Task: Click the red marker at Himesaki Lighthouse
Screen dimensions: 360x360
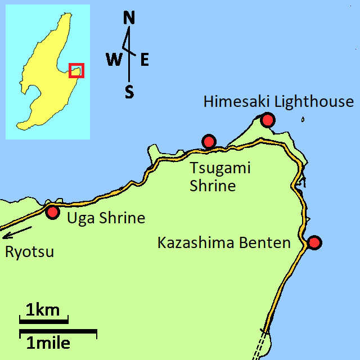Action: tap(268, 120)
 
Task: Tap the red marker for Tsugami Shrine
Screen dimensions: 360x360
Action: tap(209, 141)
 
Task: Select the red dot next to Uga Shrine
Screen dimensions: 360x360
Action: tap(53, 212)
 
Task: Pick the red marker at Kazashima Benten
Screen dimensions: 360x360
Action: tap(314, 242)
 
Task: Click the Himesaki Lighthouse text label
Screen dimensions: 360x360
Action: tap(278, 102)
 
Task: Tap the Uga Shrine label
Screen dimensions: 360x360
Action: tap(106, 218)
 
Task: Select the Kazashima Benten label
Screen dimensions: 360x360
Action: tap(224, 243)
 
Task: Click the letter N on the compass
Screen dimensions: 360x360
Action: tap(129, 19)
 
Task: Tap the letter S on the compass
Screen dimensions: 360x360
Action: tap(129, 92)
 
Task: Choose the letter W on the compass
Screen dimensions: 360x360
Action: tap(113, 60)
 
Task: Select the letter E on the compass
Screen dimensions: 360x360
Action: tap(145, 60)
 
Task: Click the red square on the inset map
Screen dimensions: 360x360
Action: tap(76, 70)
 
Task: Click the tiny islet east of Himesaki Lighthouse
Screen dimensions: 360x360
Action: tap(303, 119)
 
